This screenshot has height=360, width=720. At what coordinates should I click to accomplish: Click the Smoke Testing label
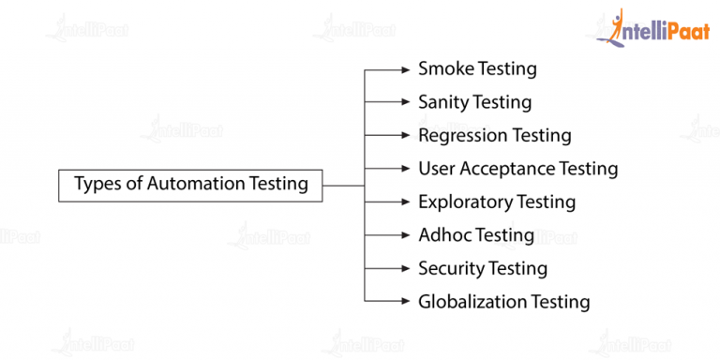point(477,68)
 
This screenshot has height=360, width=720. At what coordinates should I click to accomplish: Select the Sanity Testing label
point(474,102)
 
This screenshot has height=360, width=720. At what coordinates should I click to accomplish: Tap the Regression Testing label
point(494,135)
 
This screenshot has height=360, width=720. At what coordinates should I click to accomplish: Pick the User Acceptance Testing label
point(517,169)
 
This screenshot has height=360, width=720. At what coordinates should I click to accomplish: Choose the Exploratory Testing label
point(496,202)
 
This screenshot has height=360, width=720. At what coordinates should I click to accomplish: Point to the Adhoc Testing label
point(475,235)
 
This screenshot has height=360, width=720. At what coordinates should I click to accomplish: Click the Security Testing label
point(482,268)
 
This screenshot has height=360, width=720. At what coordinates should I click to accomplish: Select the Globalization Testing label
point(503,302)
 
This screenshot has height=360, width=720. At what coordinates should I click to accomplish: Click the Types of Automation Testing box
point(191,184)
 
